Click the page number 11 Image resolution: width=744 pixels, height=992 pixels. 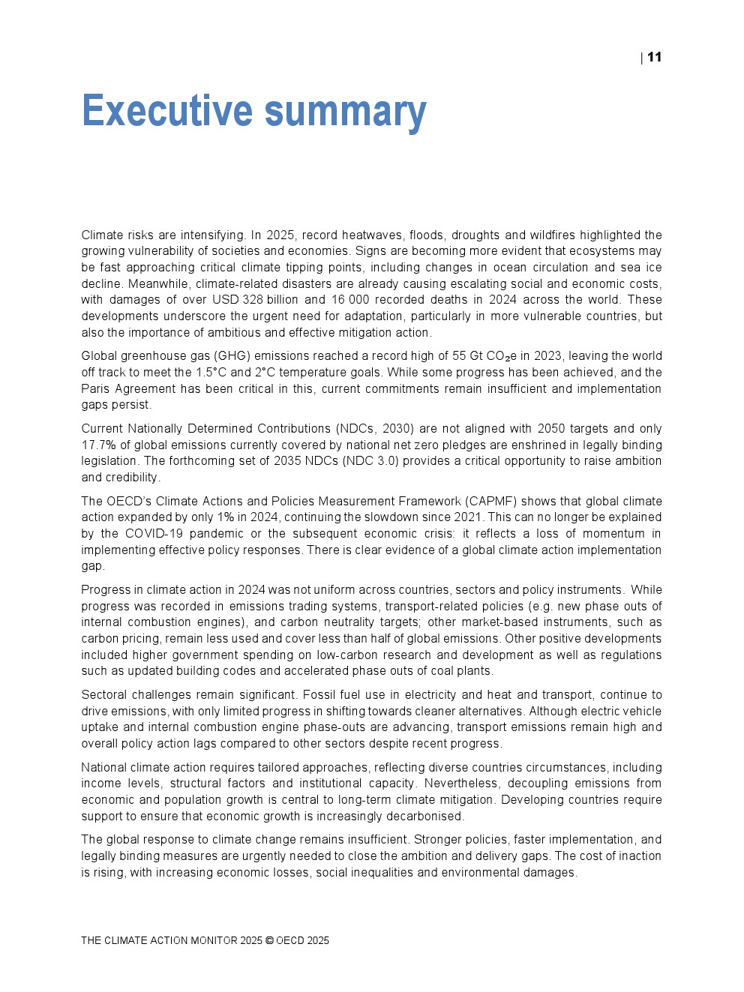(x=654, y=58)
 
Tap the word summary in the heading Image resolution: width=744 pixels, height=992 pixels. (x=346, y=111)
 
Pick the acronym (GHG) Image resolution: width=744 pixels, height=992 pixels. (x=232, y=356)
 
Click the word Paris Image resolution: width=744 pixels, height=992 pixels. (x=96, y=388)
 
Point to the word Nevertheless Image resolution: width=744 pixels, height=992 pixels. (x=460, y=784)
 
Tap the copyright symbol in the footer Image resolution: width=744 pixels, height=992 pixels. (x=269, y=940)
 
